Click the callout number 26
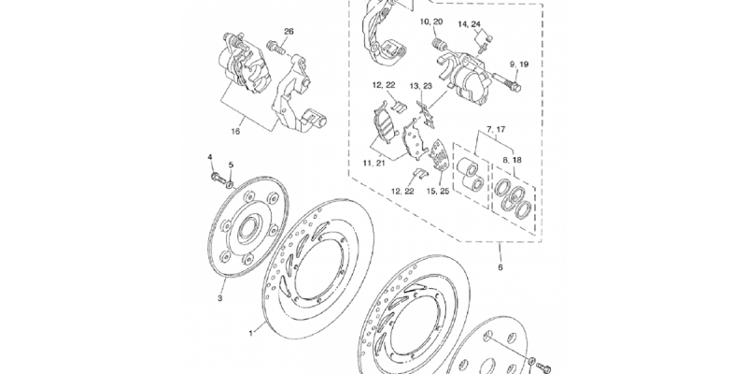[x=289, y=32]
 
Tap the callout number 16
[x=236, y=132]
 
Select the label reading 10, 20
[x=431, y=22]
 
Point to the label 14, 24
[x=470, y=24]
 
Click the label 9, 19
[x=519, y=64]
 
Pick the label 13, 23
[x=421, y=86]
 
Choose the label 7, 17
[x=496, y=129]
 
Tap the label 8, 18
[x=511, y=160]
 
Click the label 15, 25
[x=438, y=192]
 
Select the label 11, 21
[x=373, y=163]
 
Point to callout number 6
[x=500, y=267]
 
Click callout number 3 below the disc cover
[x=220, y=298]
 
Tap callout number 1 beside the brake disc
[x=251, y=334]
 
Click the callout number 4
[x=209, y=157]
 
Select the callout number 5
[x=231, y=165]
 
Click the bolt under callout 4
[x=218, y=179]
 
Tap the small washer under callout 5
[x=230, y=184]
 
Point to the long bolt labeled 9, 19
[x=507, y=82]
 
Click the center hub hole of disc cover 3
[x=248, y=227]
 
